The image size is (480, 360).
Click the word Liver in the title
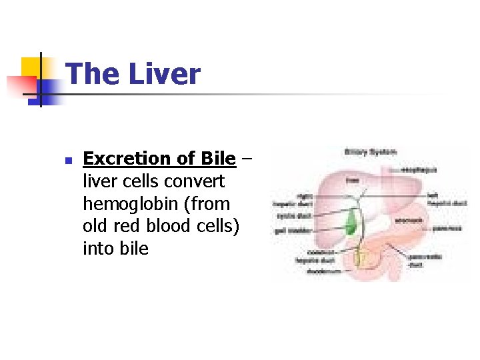pyautogui.click(x=164, y=73)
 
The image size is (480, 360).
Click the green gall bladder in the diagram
pyautogui.click(x=349, y=223)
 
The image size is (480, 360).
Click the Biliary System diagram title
pyautogui.click(x=370, y=152)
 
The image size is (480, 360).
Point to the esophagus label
pyautogui.click(x=419, y=170)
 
